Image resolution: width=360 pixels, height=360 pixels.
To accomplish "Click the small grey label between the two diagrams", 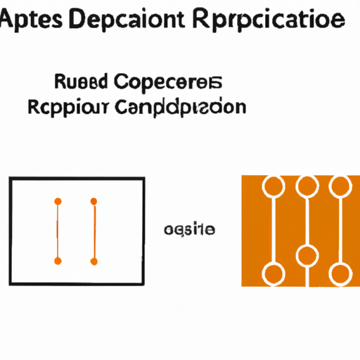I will (189, 230).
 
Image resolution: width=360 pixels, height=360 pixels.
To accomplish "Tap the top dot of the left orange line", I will (58, 201).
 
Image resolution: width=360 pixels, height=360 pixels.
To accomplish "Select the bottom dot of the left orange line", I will (58, 261).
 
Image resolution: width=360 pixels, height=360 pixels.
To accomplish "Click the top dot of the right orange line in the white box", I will (93, 201).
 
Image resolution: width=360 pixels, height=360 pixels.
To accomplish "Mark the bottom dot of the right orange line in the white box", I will (93, 261).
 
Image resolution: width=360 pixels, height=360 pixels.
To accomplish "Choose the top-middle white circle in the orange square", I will (306, 186).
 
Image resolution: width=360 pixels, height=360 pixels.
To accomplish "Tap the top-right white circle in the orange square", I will (340, 186).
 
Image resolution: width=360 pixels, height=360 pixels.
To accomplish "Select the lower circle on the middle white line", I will (306, 255).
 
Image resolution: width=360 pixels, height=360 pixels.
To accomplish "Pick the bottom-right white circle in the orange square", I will (340, 273).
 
